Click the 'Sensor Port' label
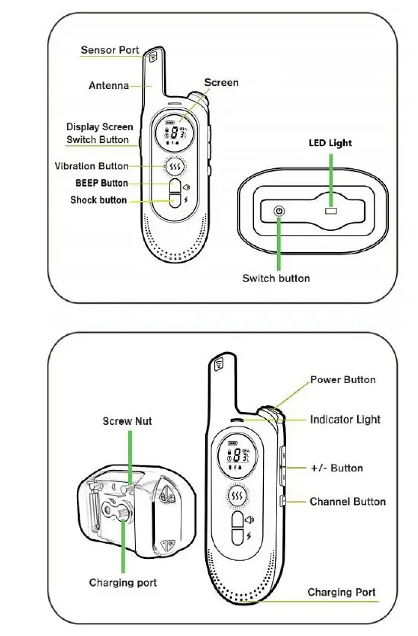click(110, 50)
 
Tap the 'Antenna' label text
click(108, 85)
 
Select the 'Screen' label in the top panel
click(220, 82)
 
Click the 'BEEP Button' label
click(101, 184)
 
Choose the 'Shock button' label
click(98, 200)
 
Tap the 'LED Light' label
click(330, 142)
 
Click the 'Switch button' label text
click(276, 278)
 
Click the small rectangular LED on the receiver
click(331, 210)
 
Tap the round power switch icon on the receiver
click(279, 211)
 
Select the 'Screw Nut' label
click(127, 421)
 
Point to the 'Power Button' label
click(342, 379)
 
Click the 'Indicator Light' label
click(345, 420)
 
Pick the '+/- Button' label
click(336, 468)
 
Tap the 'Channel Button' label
click(347, 502)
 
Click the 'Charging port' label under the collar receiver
click(123, 583)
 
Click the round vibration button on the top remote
click(175, 166)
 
